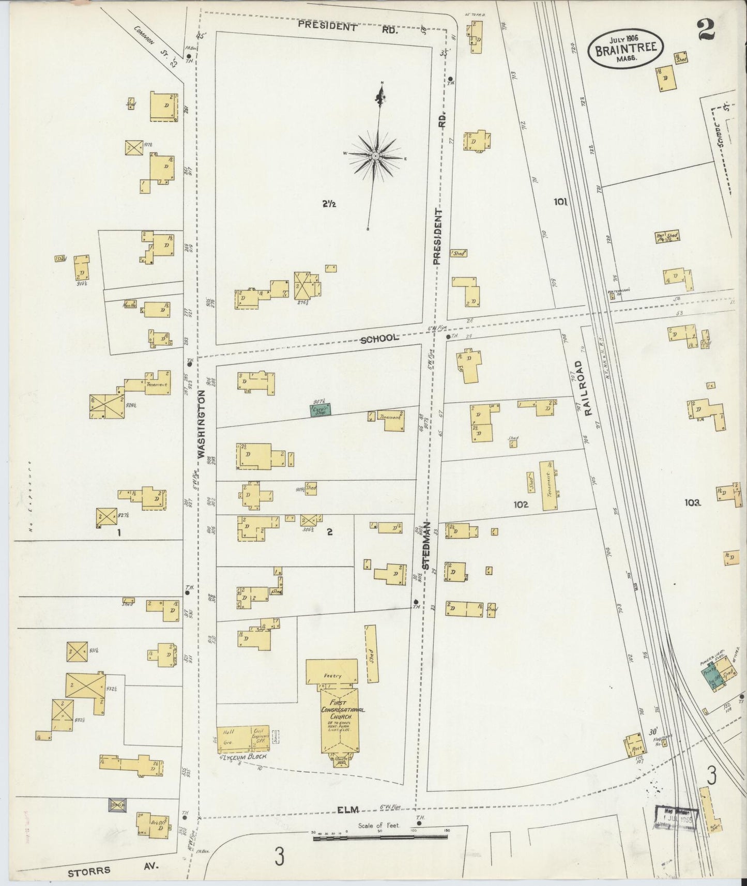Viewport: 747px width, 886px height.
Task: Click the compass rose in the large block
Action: pyautogui.click(x=376, y=156)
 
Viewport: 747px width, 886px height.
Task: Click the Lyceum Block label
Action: pyautogui.click(x=243, y=756)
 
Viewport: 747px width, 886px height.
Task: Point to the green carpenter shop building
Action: pyautogui.click(x=321, y=410)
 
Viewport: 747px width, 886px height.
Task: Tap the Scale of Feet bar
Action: pyautogui.click(x=380, y=836)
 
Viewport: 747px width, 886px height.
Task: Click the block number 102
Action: pyautogui.click(x=521, y=505)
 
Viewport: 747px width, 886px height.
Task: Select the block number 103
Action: pyautogui.click(x=692, y=502)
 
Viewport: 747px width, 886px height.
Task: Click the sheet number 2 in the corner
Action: pyautogui.click(x=706, y=30)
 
